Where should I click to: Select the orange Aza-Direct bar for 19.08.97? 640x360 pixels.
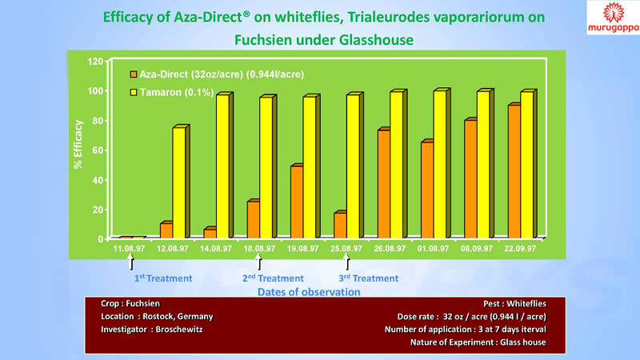296,202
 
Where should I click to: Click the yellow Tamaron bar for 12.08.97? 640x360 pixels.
179,182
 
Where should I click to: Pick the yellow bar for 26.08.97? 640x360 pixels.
397,165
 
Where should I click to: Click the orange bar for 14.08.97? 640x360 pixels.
210,233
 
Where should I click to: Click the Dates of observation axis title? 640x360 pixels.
308,292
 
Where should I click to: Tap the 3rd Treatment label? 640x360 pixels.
367,278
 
